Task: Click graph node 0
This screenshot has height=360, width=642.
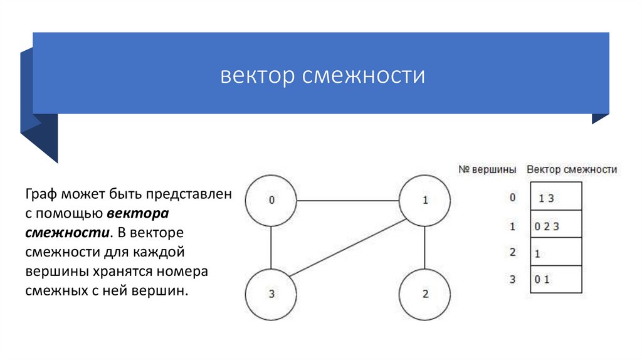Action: (x=271, y=201)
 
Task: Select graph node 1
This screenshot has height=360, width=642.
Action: (x=424, y=201)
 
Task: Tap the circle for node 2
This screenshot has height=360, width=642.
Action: (x=424, y=294)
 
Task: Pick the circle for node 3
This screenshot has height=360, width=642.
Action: (x=271, y=294)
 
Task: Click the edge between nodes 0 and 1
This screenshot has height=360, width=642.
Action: (x=348, y=201)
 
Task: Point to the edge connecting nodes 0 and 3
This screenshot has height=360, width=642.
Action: (x=271, y=247)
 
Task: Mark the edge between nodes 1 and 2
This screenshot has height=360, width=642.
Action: (x=424, y=247)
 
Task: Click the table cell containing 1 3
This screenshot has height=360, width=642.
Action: (x=556, y=197)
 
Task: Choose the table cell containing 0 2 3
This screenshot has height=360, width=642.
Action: (x=556, y=225)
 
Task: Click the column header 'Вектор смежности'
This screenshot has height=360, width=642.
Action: (x=572, y=170)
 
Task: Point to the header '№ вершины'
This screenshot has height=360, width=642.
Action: (x=488, y=170)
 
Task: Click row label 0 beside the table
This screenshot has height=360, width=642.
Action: (x=512, y=198)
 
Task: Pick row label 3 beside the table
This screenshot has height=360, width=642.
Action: (x=512, y=280)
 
